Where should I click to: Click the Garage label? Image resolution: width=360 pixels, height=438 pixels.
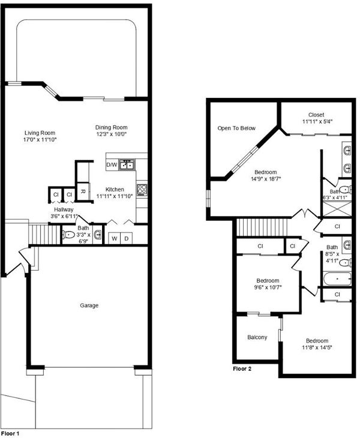89,305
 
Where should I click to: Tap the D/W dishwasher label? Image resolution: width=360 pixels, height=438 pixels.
112,165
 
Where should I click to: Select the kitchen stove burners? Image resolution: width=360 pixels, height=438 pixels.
142,190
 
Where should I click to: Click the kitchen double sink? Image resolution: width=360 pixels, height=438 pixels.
127,165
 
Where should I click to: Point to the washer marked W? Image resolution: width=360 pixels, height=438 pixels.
114,239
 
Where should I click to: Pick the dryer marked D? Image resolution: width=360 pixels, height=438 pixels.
126,239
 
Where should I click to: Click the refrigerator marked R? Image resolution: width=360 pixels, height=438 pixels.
83,191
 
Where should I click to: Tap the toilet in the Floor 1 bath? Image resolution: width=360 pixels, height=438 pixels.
68,235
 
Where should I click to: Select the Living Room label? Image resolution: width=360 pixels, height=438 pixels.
40,133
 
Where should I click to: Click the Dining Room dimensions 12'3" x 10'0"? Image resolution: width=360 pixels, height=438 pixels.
112,134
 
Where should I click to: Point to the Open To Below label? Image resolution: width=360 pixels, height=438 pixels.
236,128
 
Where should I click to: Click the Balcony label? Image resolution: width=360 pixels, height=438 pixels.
257,337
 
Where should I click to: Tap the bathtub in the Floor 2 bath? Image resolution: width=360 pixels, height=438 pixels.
337,279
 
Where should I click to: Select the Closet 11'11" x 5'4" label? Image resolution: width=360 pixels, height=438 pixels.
316,118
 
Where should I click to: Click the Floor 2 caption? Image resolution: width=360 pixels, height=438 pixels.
242,369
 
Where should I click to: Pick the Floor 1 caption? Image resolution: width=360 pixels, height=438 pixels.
10,434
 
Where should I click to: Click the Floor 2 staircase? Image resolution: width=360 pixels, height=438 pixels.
262,227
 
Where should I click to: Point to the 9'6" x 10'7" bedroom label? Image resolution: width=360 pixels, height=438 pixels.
268,284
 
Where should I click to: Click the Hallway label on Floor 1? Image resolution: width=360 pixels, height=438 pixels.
64,209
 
